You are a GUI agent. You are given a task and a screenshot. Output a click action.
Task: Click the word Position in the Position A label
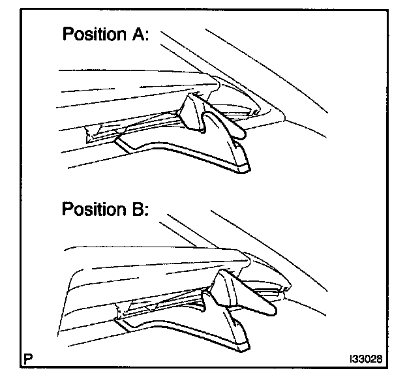click(x=95, y=35)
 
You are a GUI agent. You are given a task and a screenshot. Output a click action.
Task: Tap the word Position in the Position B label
click(x=95, y=211)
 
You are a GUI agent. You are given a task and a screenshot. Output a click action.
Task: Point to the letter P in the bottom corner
click(x=27, y=358)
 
